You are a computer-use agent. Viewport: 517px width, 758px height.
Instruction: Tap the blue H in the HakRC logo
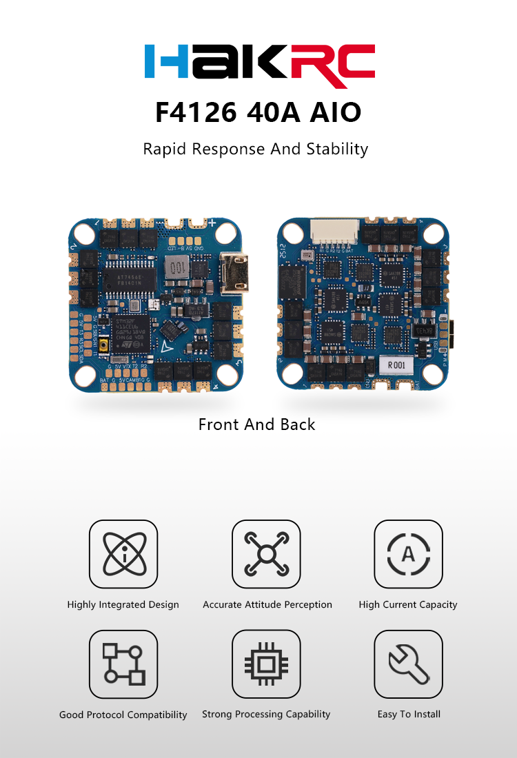[x=166, y=61]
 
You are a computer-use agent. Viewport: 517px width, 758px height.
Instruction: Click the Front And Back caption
[x=256, y=424]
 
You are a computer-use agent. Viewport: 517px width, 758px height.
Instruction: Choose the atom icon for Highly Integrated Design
[x=123, y=554]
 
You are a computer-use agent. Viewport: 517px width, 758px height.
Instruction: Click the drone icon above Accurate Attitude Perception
[x=266, y=554]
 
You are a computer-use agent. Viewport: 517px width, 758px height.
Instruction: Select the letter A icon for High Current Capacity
[x=408, y=554]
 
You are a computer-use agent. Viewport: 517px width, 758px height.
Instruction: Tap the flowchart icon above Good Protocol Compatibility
[x=123, y=664]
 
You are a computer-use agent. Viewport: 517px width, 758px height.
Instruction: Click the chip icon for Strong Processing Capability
[x=266, y=664]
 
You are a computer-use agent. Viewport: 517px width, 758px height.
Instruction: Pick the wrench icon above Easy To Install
[x=408, y=664]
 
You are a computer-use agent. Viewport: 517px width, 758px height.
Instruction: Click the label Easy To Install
[x=409, y=714]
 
